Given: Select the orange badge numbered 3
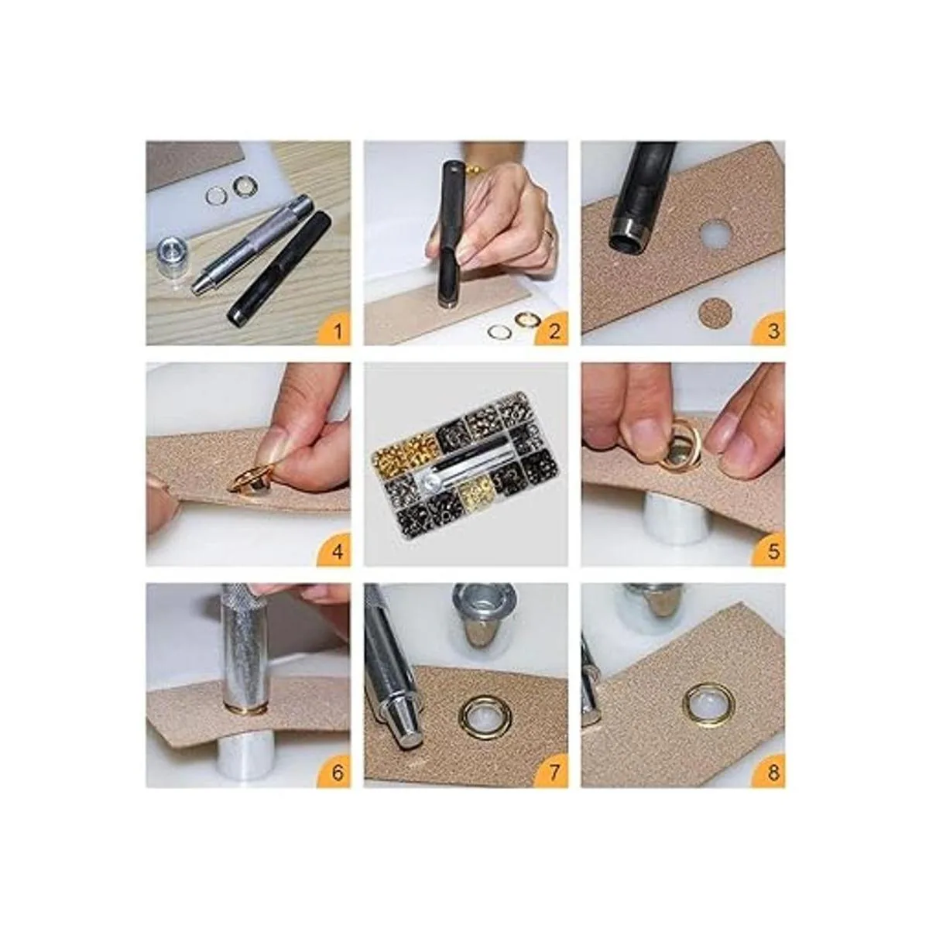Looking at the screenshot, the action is tap(769, 328).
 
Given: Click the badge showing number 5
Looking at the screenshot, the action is tap(769, 550).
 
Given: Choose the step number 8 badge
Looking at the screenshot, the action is tap(769, 770).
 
